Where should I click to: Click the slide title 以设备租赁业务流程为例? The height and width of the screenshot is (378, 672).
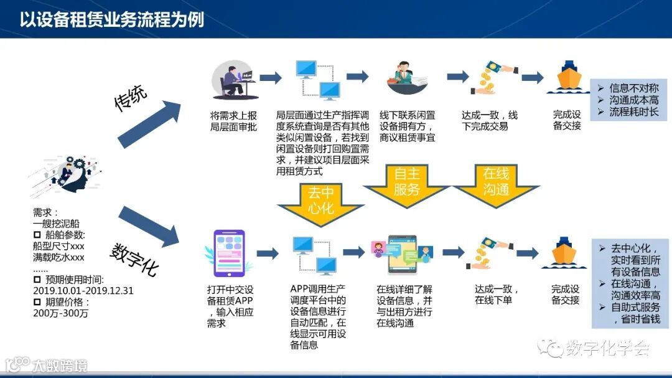(111, 19)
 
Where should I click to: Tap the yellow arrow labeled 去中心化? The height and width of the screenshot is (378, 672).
(320, 202)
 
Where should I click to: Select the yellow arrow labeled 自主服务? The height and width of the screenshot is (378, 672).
(407, 182)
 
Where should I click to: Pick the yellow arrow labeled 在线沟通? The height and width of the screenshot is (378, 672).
(496, 182)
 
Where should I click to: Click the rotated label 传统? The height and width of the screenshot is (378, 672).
(131, 98)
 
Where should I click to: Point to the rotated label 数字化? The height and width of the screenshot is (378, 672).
(134, 259)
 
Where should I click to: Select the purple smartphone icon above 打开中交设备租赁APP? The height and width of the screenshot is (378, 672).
(228, 253)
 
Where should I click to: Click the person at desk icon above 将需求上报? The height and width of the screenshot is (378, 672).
(232, 79)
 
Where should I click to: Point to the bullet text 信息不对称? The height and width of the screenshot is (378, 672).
(633, 88)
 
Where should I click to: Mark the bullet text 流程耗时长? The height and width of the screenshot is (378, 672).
(633, 112)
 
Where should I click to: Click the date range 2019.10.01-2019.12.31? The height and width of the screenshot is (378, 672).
(83, 291)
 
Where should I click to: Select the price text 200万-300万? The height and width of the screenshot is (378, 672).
(60, 313)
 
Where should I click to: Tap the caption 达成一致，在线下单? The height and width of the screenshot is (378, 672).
(497, 295)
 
